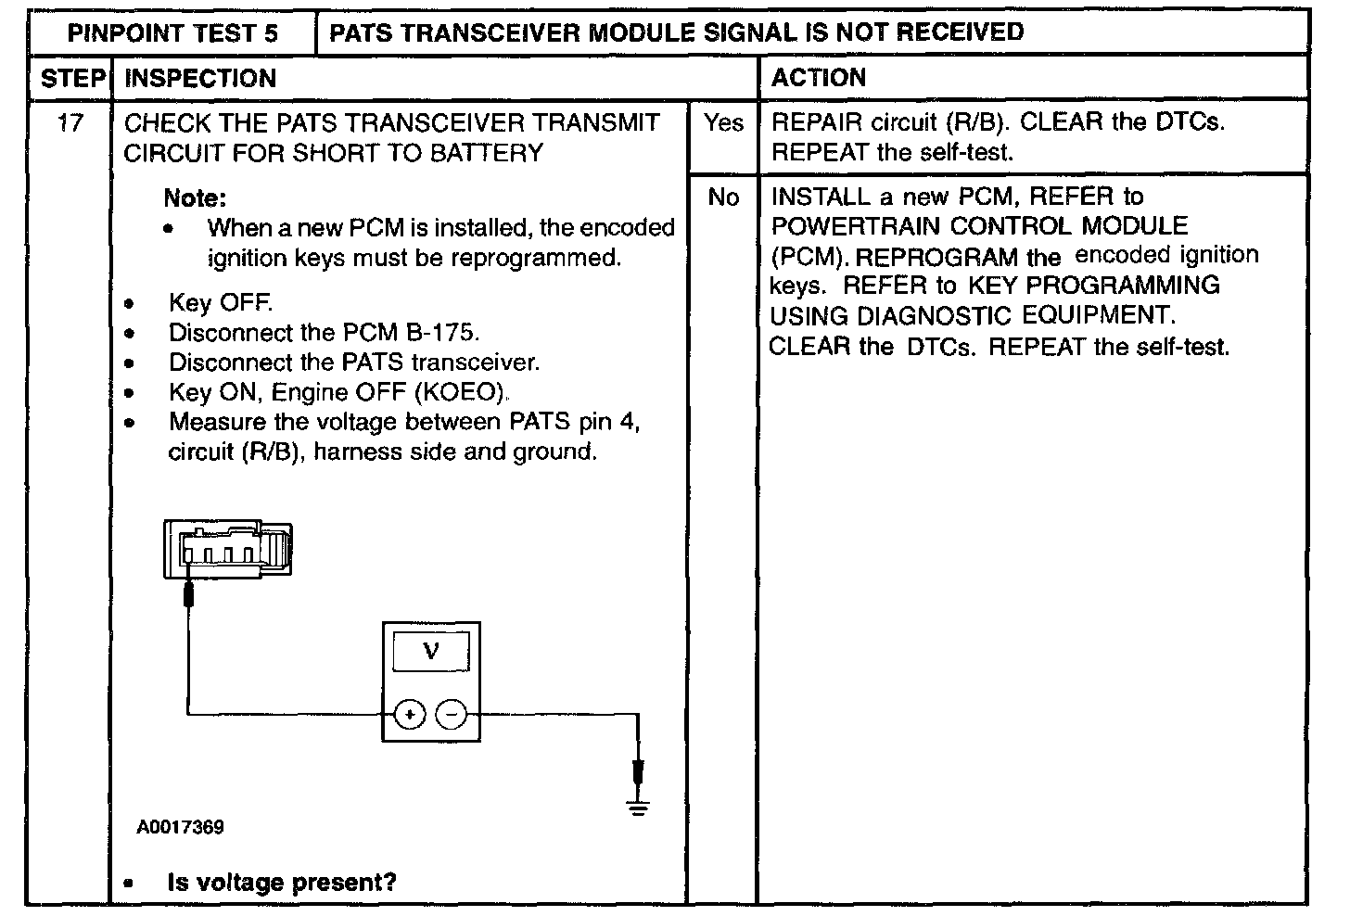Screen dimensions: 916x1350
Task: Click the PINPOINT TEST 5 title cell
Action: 172,33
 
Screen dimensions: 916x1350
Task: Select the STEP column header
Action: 71,79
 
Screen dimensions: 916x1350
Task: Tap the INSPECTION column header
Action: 200,79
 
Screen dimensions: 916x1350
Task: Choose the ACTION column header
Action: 818,78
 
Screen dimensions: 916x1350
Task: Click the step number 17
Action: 70,122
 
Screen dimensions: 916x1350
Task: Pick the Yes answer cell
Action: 722,122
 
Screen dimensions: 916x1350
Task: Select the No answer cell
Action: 722,197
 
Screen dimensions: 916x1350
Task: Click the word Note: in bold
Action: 195,197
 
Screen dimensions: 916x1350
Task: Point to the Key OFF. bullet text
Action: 221,303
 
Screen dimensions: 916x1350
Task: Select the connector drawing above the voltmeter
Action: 227,548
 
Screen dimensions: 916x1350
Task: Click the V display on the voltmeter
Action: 431,652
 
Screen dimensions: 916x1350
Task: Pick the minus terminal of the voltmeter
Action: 452,714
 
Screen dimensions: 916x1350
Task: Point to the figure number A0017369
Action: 180,827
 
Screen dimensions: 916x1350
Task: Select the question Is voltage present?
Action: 281,882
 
